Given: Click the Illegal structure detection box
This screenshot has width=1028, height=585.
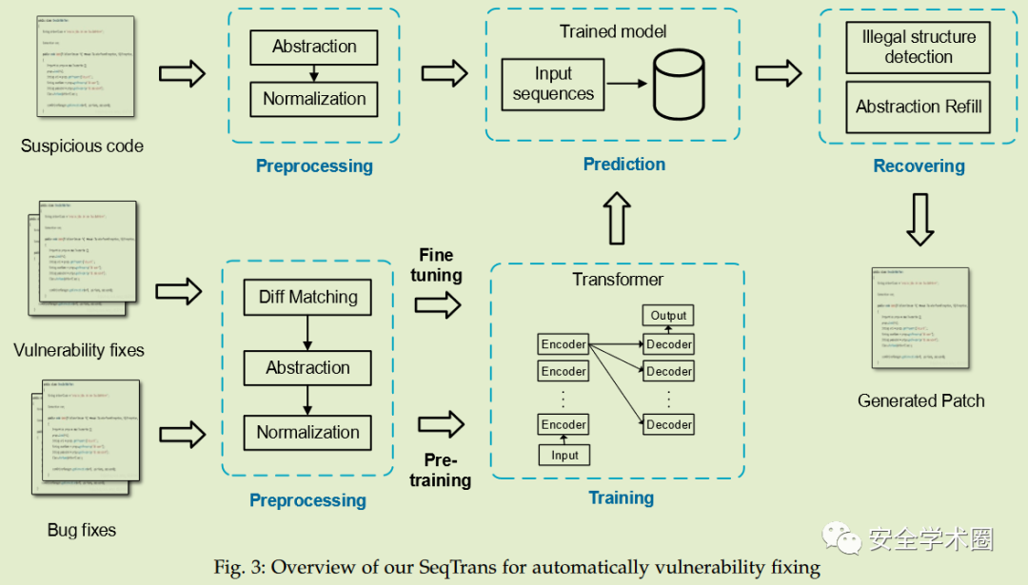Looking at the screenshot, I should [x=918, y=47].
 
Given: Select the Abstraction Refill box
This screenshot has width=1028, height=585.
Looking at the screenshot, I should [x=918, y=107].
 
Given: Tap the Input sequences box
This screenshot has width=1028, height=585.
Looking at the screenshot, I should [x=552, y=84].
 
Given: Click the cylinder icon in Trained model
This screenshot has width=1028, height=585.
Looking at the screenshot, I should [x=678, y=85].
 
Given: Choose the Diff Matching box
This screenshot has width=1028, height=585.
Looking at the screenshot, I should [x=307, y=297].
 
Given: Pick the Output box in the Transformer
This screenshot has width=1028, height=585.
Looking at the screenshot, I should [x=668, y=316].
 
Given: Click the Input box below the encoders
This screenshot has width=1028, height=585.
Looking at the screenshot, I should [x=564, y=456].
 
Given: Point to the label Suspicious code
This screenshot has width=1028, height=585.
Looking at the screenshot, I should [x=82, y=146].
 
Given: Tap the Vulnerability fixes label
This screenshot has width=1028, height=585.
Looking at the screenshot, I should [x=79, y=350].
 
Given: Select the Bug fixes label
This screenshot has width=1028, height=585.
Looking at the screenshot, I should [x=82, y=530].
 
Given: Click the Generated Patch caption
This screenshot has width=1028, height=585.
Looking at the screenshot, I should [x=920, y=400].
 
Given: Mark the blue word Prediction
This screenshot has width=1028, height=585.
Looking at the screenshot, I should [x=623, y=164].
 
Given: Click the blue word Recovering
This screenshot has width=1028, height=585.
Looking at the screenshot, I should [x=919, y=166].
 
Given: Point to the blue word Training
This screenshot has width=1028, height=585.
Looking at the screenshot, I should [x=621, y=497].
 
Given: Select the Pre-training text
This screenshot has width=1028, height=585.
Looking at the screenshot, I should [x=440, y=470].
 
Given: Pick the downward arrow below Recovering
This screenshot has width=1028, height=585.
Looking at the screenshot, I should [x=919, y=219].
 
